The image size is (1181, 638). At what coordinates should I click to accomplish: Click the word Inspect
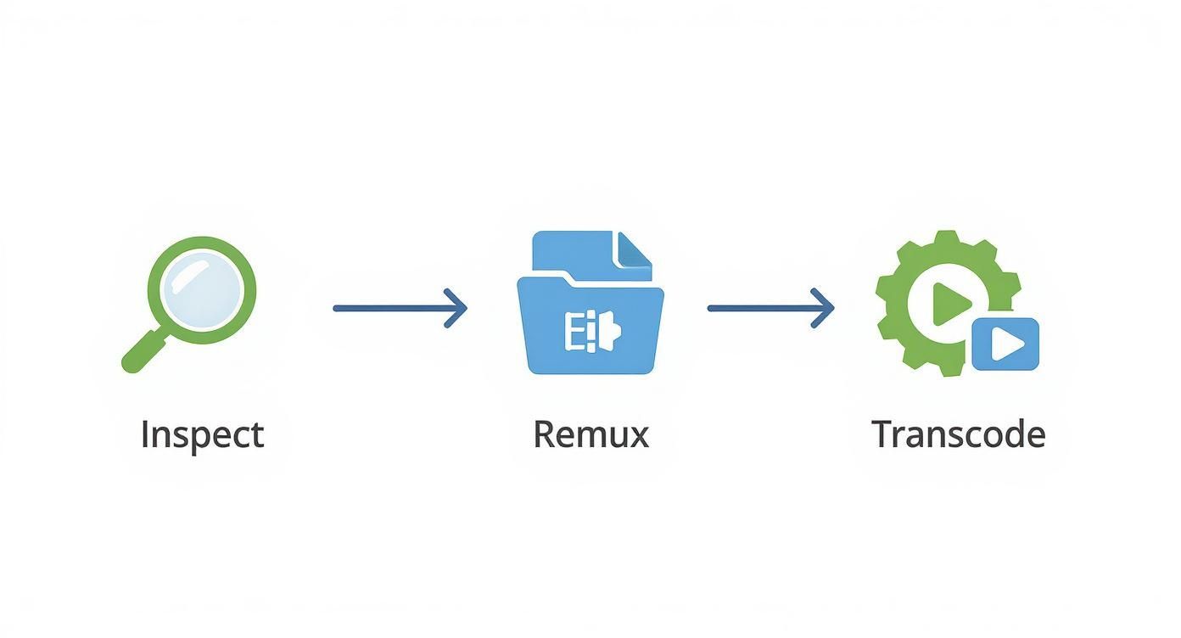tap(202, 435)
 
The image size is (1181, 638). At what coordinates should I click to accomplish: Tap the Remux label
tap(590, 434)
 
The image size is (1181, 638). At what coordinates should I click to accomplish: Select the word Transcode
tap(958, 434)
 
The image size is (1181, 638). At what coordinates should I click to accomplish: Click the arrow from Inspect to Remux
tap(399, 308)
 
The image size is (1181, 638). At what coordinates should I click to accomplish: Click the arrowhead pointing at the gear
tap(825, 308)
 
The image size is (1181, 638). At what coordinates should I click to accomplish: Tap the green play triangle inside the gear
tap(948, 304)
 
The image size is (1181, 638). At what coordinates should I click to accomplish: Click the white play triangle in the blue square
tap(1007, 344)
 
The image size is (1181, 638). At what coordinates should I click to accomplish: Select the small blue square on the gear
tap(1005, 344)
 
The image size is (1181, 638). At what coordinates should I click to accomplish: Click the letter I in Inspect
tap(144, 434)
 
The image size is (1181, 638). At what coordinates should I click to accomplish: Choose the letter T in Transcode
tap(883, 434)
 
